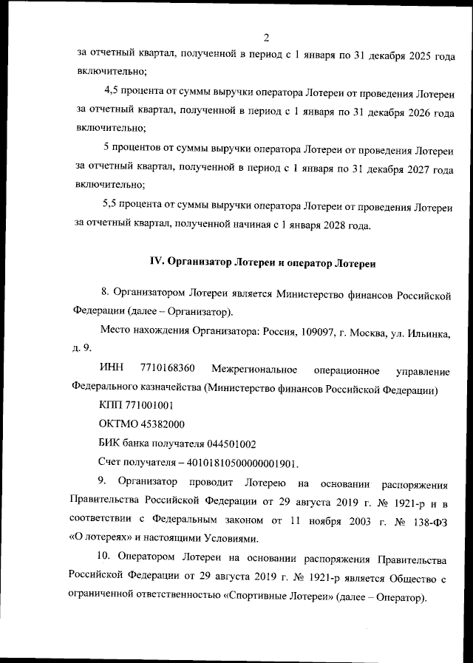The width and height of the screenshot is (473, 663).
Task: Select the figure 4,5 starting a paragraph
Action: (114, 91)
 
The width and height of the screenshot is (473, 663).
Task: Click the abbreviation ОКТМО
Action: (120, 424)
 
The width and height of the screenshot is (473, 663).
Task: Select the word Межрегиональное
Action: (253, 368)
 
